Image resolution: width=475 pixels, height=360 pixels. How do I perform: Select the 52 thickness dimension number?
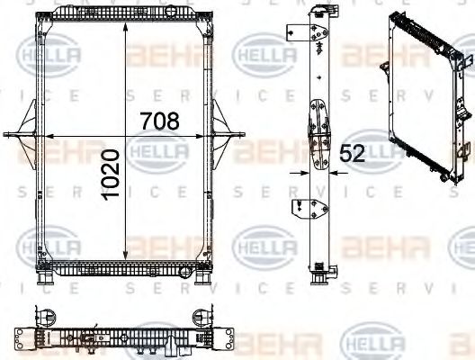click(352, 153)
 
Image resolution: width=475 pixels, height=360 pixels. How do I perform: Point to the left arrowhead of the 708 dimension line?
click(47, 136)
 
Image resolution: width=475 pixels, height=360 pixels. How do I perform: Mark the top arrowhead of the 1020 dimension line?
click(125, 17)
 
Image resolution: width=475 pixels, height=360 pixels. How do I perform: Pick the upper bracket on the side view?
click(293, 32)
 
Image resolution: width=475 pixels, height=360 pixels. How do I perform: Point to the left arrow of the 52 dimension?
click(300, 168)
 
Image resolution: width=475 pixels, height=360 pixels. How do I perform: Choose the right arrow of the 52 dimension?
click(331, 168)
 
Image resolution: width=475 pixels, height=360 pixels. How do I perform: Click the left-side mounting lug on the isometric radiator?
click(384, 68)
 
